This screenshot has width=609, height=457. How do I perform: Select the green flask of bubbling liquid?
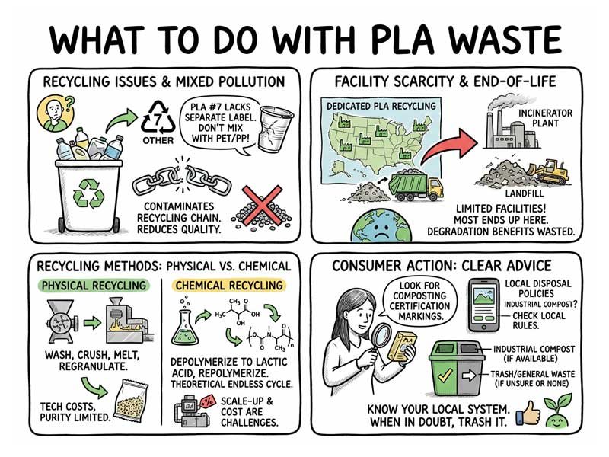point(184,326)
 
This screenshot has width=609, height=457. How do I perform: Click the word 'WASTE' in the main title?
point(489,39)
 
